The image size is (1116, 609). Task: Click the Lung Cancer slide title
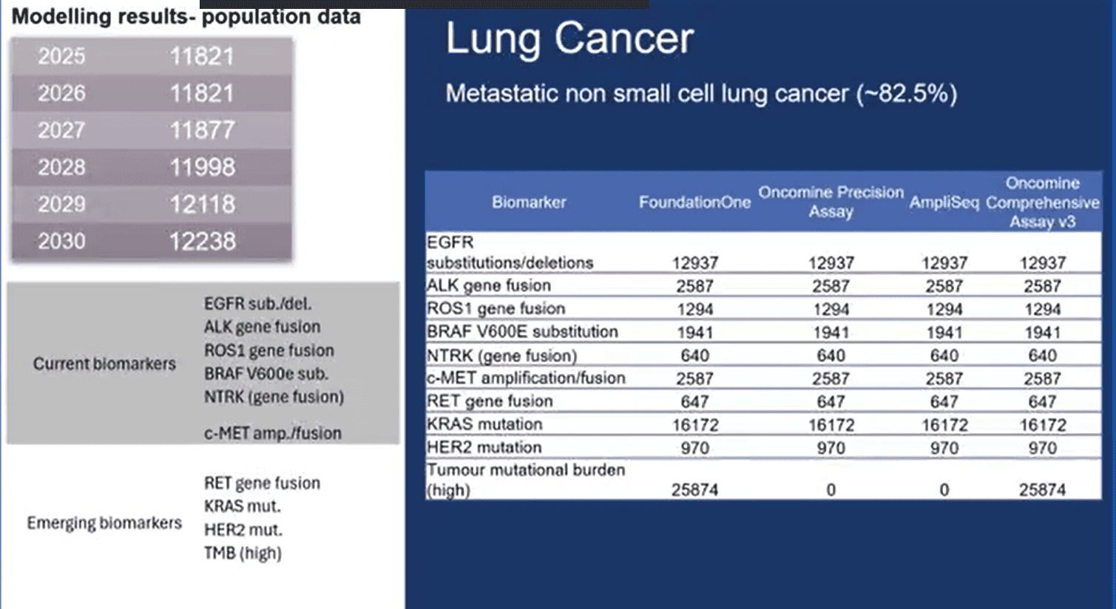point(569,38)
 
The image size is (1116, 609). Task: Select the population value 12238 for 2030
point(202,241)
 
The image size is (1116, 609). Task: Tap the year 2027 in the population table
point(61,130)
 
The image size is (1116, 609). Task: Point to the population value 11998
point(202,167)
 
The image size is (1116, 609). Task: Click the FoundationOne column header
point(694,202)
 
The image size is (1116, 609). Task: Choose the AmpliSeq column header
point(944,202)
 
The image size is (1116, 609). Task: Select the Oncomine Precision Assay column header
point(831,202)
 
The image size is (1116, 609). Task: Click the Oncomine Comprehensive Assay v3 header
point(1042,202)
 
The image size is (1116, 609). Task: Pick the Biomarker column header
point(529,202)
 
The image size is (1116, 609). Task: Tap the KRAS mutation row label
point(484,424)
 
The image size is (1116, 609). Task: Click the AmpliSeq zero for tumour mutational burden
point(944,489)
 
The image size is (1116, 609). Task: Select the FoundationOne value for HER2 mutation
point(694,448)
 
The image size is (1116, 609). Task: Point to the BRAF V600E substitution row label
point(522,331)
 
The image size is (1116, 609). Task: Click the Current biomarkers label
point(104,364)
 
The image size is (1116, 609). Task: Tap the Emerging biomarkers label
point(104,523)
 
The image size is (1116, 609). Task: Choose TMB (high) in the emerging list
point(243,553)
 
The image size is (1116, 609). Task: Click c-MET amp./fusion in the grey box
point(272,433)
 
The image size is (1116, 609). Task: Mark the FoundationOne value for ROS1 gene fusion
point(694,309)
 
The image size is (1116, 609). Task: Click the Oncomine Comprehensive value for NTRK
point(1042,355)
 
